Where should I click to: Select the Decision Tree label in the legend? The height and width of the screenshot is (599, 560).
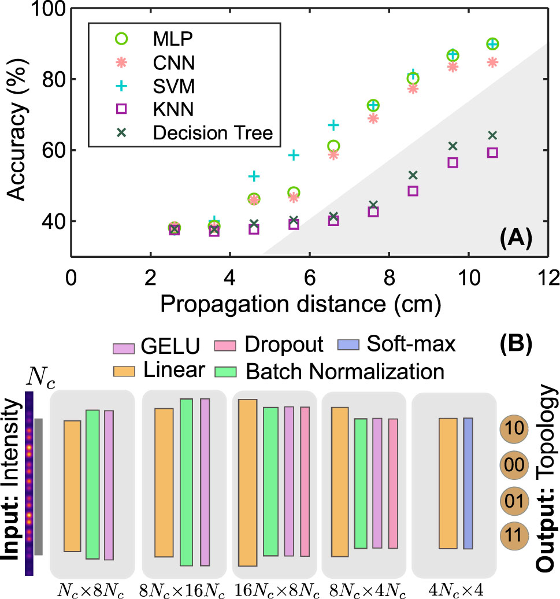(x=213, y=133)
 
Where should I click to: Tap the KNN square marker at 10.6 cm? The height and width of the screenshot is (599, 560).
(x=492, y=153)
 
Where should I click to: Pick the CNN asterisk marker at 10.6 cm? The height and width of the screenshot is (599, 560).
(x=492, y=62)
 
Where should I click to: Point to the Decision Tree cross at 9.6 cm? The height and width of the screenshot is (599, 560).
(x=453, y=146)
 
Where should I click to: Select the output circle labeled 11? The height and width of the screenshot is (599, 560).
(x=513, y=532)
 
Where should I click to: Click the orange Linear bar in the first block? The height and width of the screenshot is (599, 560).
(x=72, y=486)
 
